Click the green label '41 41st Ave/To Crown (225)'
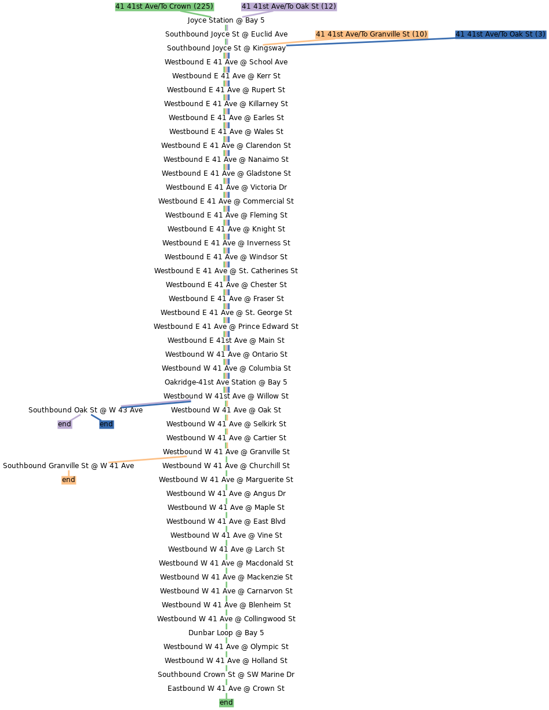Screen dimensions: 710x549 pos(165,6)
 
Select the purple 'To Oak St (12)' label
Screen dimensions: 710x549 pos(289,6)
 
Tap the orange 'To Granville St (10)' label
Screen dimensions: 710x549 pos(372,34)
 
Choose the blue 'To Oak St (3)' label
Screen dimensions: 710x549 pos(500,34)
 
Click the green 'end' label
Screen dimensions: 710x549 pos(226,702)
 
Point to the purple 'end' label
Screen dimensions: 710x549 pos(64,424)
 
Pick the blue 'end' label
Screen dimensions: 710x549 pos(106,424)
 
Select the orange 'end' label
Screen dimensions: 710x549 pos(68,480)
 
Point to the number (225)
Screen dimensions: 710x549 pos(203,6)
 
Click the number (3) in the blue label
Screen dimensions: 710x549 pos(540,34)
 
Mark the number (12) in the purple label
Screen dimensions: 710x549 pos(328,6)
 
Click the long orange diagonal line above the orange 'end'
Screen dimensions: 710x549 pos(148,459)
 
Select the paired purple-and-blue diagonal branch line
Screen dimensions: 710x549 pos(156,403)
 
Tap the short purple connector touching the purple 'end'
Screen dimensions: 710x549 pos(75,417)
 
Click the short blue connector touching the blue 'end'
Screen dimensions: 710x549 pos(96,417)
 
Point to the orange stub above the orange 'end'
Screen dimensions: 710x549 pos(68,473)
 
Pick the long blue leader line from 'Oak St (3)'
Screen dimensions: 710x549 pos(371,42)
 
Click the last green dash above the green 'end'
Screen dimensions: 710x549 pos(226,682)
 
